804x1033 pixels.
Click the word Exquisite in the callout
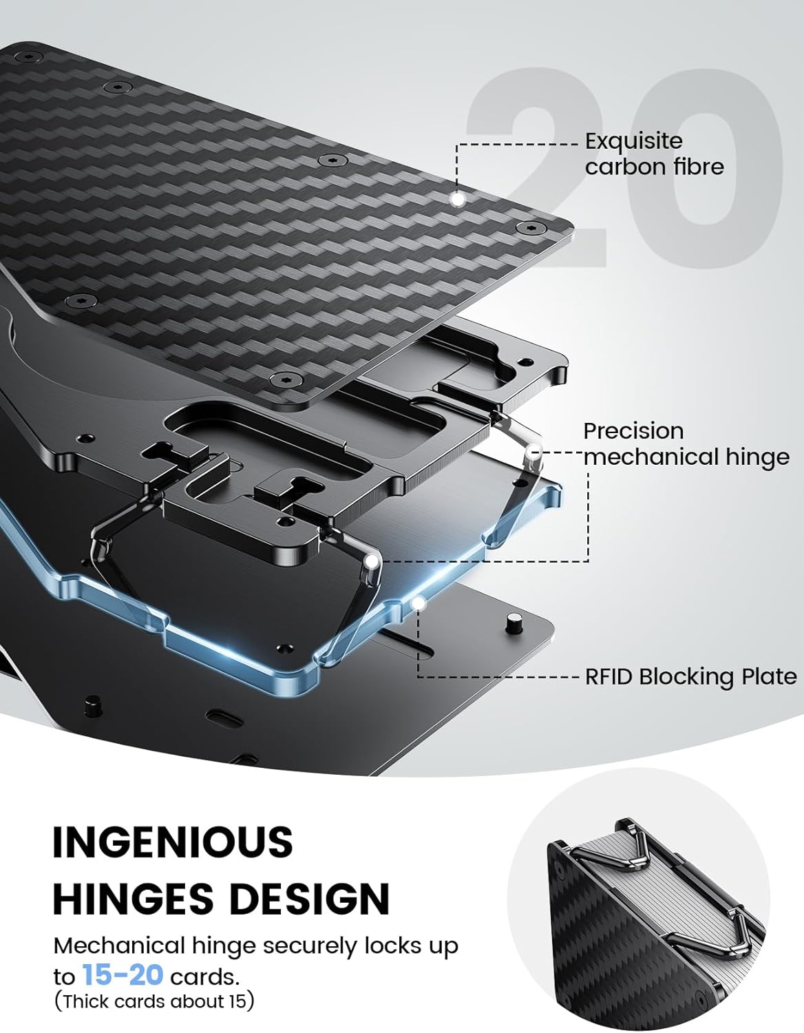[633, 141]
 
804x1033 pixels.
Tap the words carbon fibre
[654, 167]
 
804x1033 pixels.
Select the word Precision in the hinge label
[633, 431]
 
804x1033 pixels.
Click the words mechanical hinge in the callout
[686, 457]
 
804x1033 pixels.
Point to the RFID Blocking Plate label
[690, 676]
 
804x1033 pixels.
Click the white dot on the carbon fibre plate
[456, 199]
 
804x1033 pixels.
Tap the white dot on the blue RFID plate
[418, 603]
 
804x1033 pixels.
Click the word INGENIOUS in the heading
[173, 842]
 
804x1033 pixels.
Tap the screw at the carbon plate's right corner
[528, 227]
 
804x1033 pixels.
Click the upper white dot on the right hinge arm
[532, 455]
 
